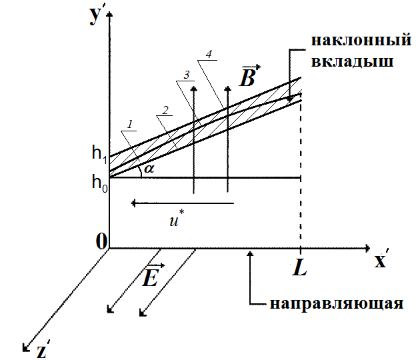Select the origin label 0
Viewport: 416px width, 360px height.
[102, 241]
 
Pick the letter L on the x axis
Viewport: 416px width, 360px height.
[299, 269]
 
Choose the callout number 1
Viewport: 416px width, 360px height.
[131, 124]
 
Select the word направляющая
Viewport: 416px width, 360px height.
[337, 305]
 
